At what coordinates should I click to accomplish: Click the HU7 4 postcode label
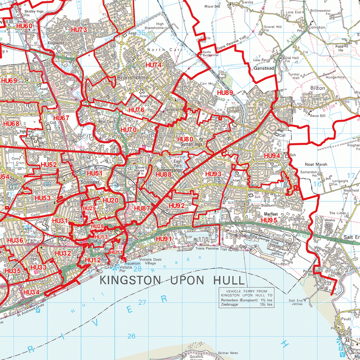click(153, 65)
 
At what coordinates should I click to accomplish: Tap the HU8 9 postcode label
click(225, 93)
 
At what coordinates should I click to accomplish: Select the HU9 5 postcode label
click(269, 220)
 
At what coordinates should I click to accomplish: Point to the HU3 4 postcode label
click(31, 292)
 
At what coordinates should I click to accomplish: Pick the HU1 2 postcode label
click(93, 260)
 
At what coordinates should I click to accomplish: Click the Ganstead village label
click(264, 69)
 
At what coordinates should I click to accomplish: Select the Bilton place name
click(318, 88)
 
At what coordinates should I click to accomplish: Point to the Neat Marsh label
click(316, 164)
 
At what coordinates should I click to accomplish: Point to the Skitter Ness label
click(228, 353)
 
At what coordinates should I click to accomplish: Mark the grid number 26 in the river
click(131, 336)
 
